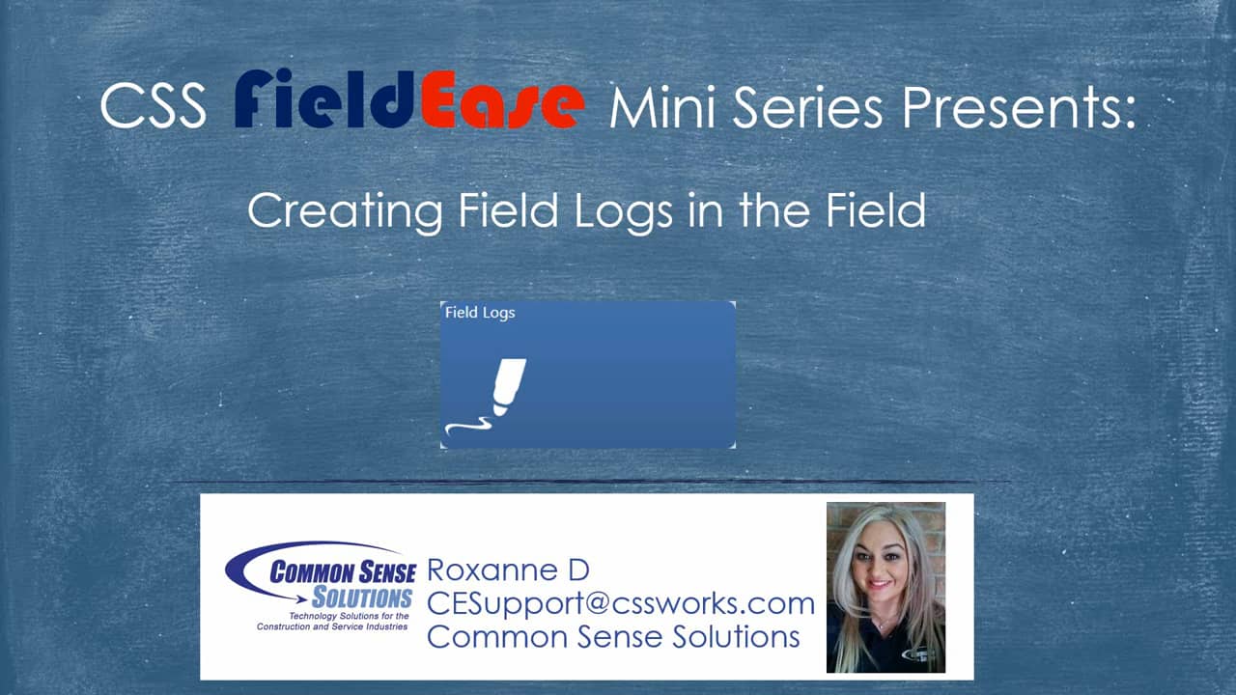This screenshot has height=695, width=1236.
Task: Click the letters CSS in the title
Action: coord(153,105)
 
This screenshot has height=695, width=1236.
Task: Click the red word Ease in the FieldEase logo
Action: coord(502,105)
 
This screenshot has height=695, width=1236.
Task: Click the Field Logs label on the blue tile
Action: coord(480,313)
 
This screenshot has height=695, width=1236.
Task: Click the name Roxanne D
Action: coord(507,571)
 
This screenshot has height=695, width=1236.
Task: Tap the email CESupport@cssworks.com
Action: coord(620,604)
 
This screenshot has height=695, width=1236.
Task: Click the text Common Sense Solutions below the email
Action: coord(612,637)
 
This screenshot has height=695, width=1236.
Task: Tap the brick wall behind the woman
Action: coord(931,526)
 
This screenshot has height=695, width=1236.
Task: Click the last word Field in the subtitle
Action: coord(875,210)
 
